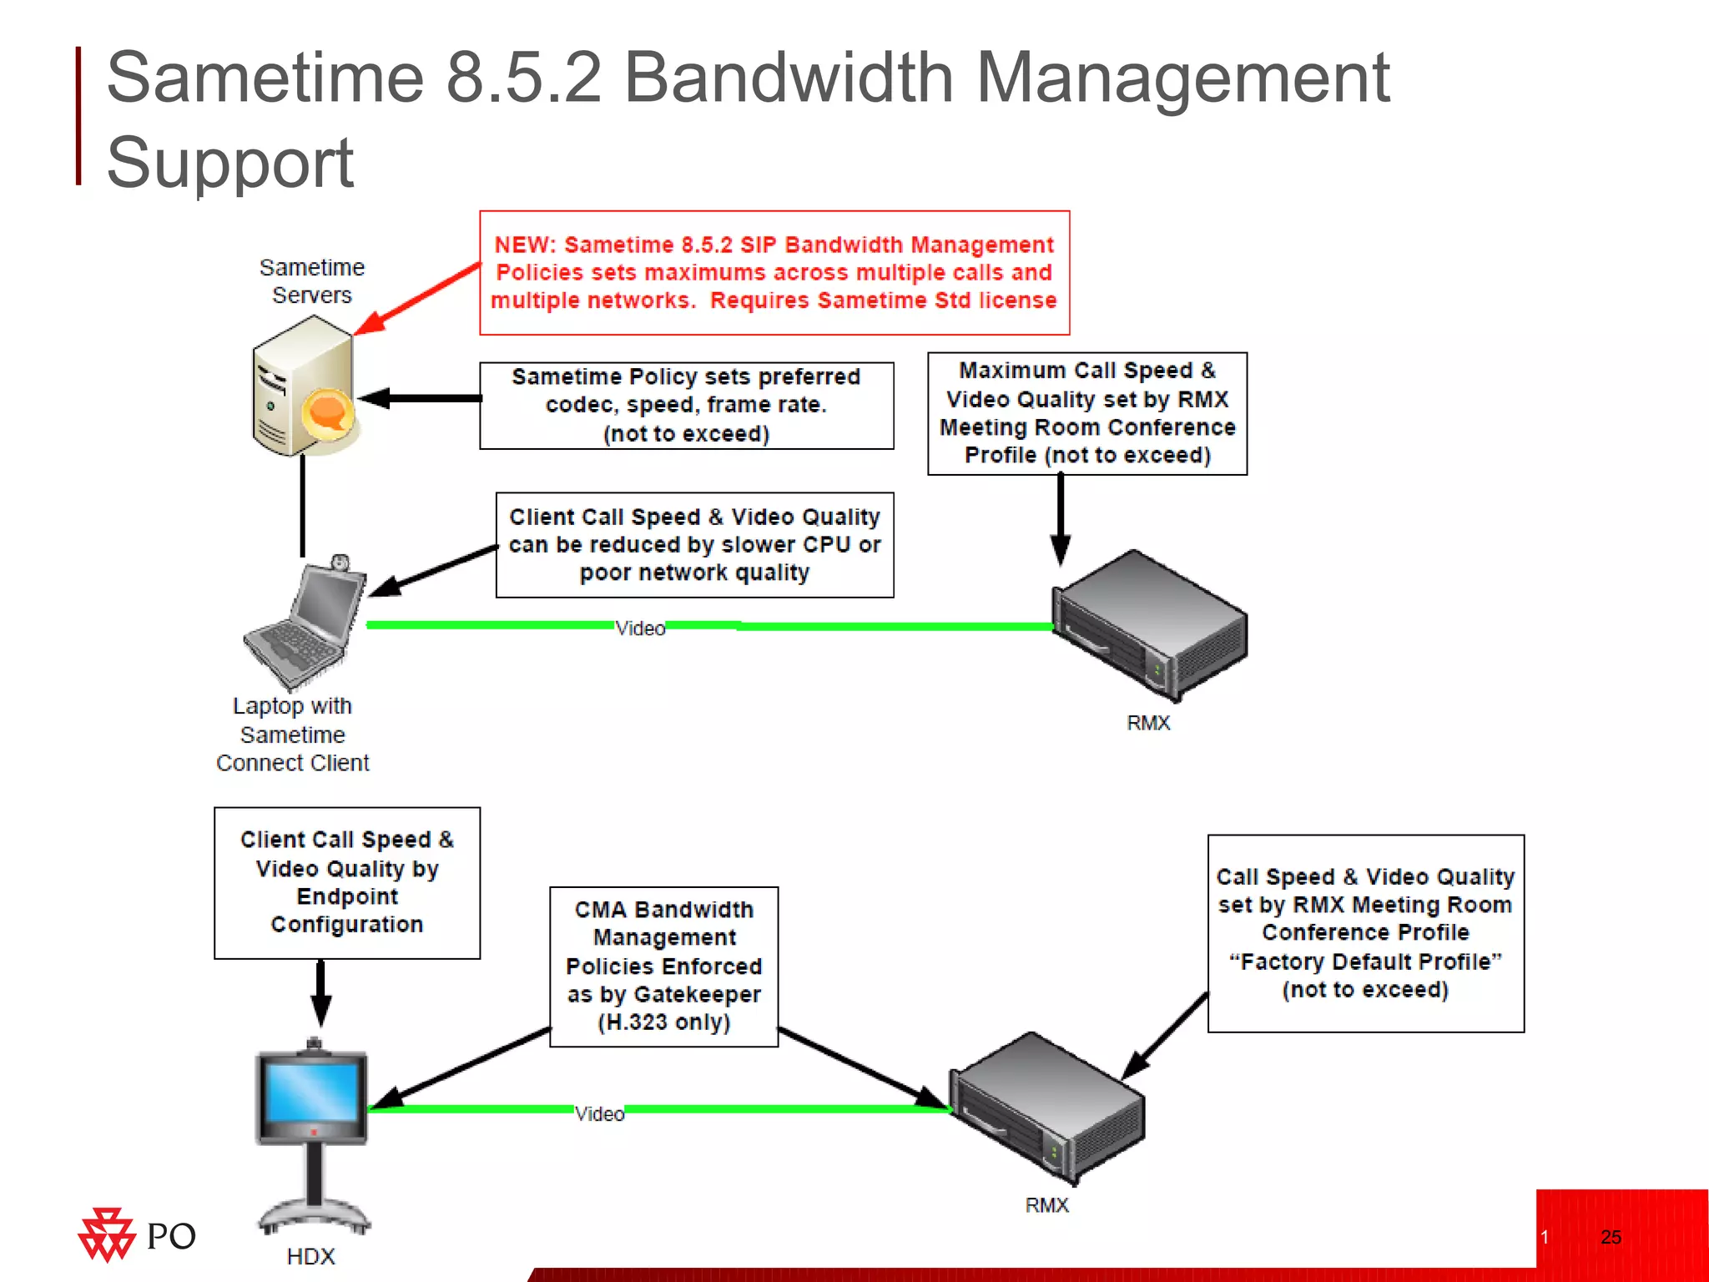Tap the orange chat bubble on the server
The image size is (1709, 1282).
326,411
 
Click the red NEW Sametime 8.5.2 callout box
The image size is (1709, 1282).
774,273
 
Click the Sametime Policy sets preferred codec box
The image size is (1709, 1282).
686,406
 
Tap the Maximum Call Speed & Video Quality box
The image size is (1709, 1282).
1086,413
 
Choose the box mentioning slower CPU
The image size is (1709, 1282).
694,545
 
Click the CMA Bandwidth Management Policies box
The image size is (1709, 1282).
663,966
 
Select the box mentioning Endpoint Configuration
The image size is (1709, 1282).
347,882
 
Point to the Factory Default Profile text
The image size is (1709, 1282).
1365,961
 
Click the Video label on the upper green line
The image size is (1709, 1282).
640,628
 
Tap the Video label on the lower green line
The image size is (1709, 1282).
599,1114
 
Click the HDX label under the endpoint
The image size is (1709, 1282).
310,1256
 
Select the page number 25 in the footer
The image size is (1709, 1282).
1611,1237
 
